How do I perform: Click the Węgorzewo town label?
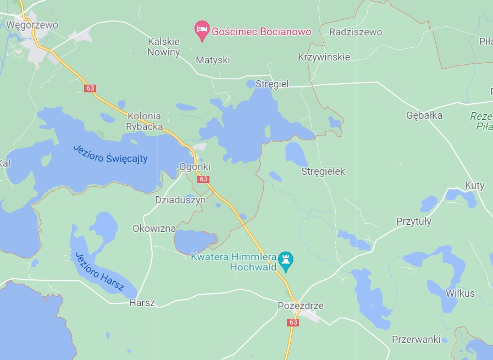tap(32, 25)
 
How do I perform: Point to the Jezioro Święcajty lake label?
tap(110, 153)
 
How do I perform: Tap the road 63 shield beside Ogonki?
tap(204, 179)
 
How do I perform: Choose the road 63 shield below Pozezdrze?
tap(292, 323)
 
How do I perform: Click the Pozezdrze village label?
tap(301, 306)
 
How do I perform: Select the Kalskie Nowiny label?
tap(164, 47)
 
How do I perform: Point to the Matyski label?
tap(213, 60)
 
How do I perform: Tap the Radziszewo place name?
tap(356, 32)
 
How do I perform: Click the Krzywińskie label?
tap(324, 57)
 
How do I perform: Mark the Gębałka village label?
tap(424, 115)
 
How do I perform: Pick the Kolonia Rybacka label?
tap(145, 121)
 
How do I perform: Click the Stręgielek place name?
tap(323, 171)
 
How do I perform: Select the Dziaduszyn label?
tap(180, 200)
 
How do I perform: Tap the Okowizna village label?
tap(154, 228)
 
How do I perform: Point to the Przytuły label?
tap(414, 221)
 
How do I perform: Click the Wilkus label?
tap(460, 293)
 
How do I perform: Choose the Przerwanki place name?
tap(416, 339)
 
